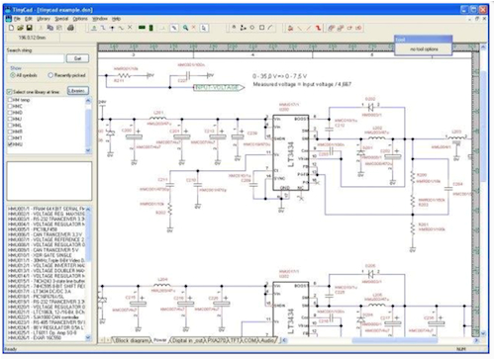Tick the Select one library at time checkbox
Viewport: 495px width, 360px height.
[x=9, y=90]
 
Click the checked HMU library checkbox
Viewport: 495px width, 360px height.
[x=9, y=143]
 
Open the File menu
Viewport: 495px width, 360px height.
[x=15, y=18]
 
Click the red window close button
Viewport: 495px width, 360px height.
[x=486, y=6]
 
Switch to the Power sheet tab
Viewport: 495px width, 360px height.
[x=159, y=338]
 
